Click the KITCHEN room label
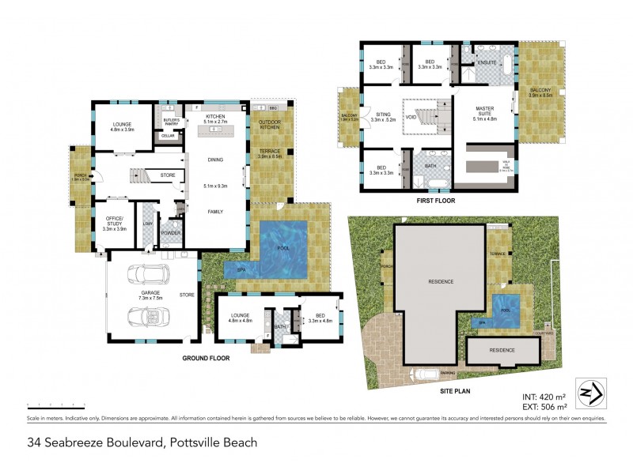(x=215, y=117)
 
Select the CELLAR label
(x=167, y=136)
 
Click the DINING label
(x=215, y=160)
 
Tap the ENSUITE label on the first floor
(x=487, y=62)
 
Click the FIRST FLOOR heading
(x=437, y=201)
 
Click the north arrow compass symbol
(x=590, y=391)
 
